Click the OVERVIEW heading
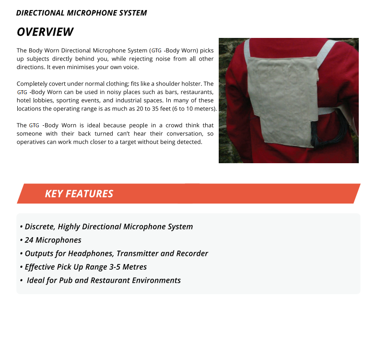point(45,32)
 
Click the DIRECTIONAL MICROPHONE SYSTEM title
point(82,13)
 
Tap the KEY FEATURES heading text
point(79,193)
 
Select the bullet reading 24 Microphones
point(53,240)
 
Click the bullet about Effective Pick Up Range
point(85,267)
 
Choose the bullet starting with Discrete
point(108,227)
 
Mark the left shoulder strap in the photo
point(247,48)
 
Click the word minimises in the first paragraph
point(80,67)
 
